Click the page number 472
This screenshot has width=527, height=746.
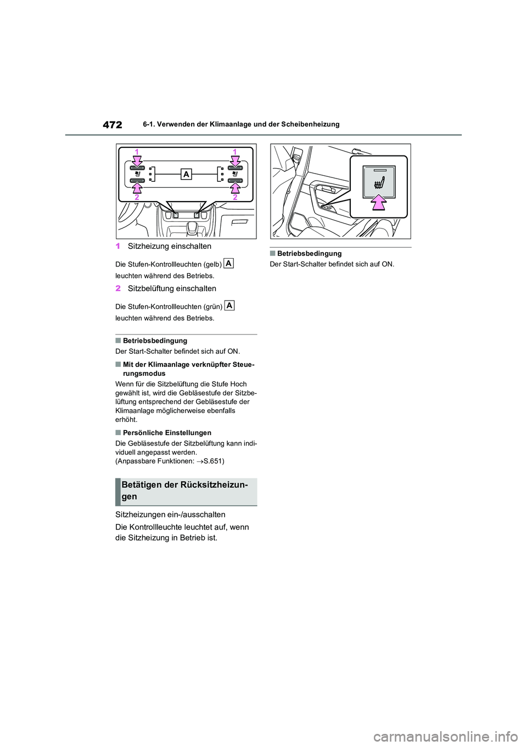pos(112,125)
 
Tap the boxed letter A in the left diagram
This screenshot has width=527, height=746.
pos(186,174)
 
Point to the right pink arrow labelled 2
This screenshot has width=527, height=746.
pos(236,188)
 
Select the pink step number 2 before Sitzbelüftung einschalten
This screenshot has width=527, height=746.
pos(118,288)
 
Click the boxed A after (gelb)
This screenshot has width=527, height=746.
pos(229,263)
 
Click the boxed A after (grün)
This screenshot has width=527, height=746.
pos(229,305)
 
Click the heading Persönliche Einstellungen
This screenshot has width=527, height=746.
pos(167,433)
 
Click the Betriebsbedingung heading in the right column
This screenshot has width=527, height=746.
pos(309,253)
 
